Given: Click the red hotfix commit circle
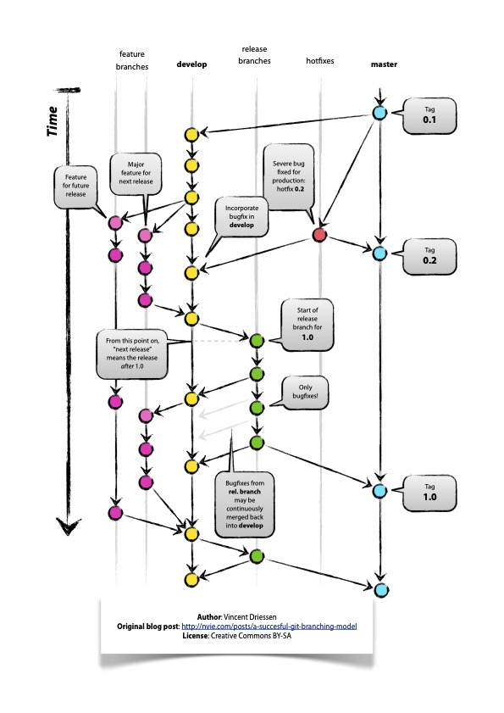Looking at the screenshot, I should (319, 235).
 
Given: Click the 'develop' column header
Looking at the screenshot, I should (191, 64).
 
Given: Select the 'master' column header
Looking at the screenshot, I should (383, 64).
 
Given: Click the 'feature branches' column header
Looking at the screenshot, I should (132, 59).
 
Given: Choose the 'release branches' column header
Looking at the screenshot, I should (254, 56).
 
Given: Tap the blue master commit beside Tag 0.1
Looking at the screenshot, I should (380, 114).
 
